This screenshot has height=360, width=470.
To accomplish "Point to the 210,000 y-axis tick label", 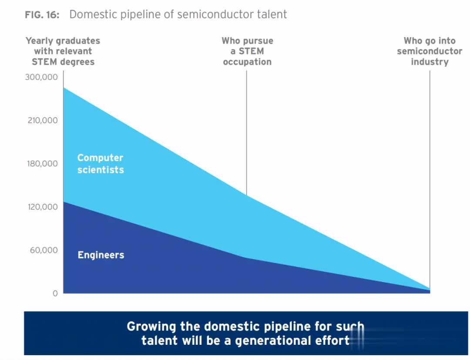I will click(x=43, y=120).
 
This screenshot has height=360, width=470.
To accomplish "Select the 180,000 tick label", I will click(x=43, y=164).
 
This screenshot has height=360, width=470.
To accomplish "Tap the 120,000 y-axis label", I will click(x=43, y=207).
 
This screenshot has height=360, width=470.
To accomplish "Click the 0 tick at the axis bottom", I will click(x=55, y=293).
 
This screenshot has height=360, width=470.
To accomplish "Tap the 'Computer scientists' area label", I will click(x=101, y=164).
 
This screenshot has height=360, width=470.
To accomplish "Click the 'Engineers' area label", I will click(x=101, y=255).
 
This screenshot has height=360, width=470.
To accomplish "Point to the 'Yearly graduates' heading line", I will click(x=63, y=41).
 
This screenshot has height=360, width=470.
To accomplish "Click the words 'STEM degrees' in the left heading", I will click(x=63, y=62).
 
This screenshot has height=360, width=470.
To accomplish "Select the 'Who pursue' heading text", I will click(x=247, y=41).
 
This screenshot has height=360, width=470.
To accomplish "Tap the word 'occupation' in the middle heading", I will click(x=247, y=62).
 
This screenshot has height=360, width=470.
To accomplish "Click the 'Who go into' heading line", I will click(x=430, y=41).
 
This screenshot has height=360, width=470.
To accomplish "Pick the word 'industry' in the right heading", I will click(x=430, y=62).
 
